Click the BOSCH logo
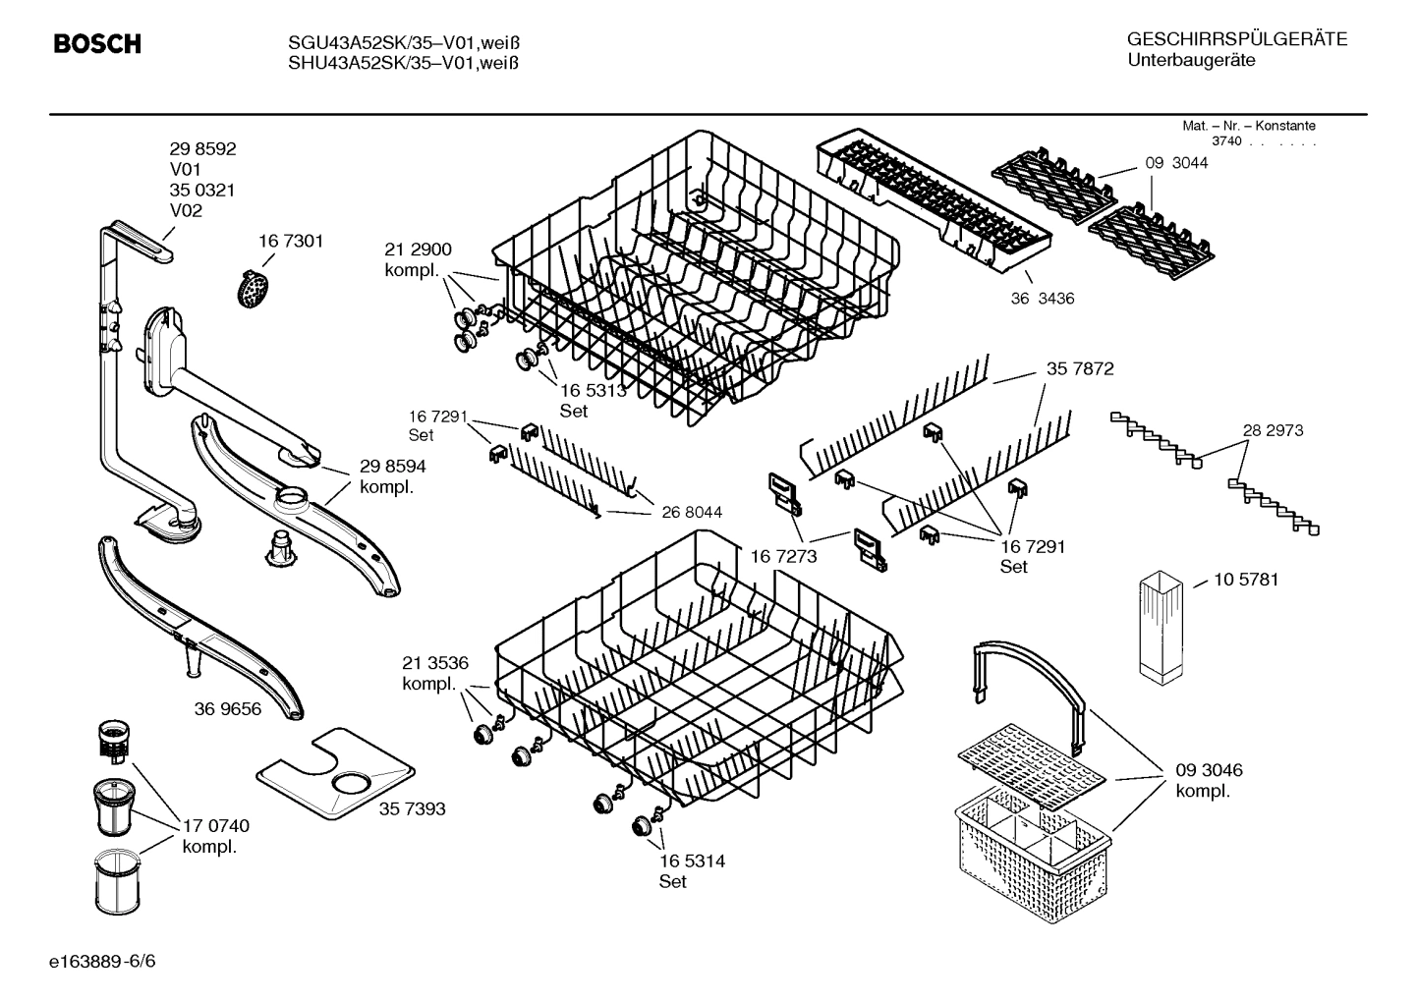pyautogui.click(x=96, y=44)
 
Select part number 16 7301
pyautogui.click(x=290, y=241)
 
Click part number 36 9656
pyautogui.click(x=228, y=708)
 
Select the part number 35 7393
pyautogui.click(x=412, y=808)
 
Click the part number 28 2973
pyautogui.click(x=1273, y=430)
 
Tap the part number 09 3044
pyautogui.click(x=1176, y=163)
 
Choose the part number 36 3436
pyautogui.click(x=1042, y=298)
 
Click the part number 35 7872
pyautogui.click(x=1080, y=368)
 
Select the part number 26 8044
pyautogui.click(x=692, y=512)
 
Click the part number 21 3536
pyautogui.click(x=435, y=662)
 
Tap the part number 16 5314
pyautogui.click(x=692, y=861)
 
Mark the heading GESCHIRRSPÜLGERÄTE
pyautogui.click(x=1236, y=39)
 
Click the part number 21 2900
pyautogui.click(x=418, y=250)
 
